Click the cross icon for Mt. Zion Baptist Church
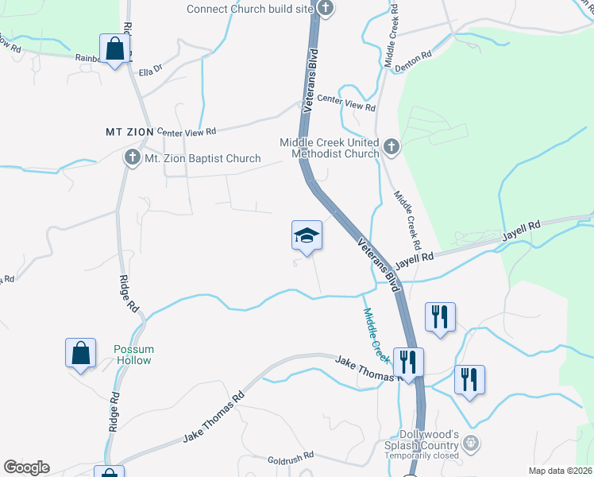(132, 157)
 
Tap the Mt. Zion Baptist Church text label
(202, 158)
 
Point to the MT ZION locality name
(129, 131)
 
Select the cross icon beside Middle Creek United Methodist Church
(390, 146)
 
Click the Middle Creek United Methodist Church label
(329, 148)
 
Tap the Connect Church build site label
(249, 10)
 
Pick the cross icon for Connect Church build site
(324, 8)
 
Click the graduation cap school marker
(307, 235)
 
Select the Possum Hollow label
(133, 355)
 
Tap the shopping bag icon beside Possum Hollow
(81, 353)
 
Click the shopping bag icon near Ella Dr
(115, 49)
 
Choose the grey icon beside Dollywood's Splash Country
(471, 442)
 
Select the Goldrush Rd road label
(291, 458)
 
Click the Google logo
(26, 467)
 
